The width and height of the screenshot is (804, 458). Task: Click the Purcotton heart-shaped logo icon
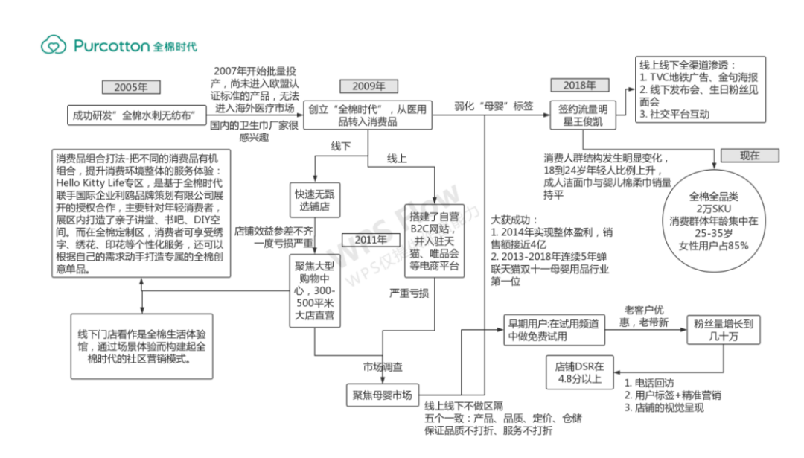[54, 45]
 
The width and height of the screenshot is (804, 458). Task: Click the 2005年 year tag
[131, 87]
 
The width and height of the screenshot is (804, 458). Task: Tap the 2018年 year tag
[580, 86]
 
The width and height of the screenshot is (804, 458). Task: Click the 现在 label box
[750, 156]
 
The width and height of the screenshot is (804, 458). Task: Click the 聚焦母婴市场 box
[382, 395]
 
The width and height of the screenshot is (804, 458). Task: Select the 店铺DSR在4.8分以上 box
[580, 372]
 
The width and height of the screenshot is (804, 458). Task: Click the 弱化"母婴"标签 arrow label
[494, 106]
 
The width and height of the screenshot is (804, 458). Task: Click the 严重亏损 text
[409, 293]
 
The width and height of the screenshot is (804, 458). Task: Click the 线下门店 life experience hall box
[139, 343]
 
